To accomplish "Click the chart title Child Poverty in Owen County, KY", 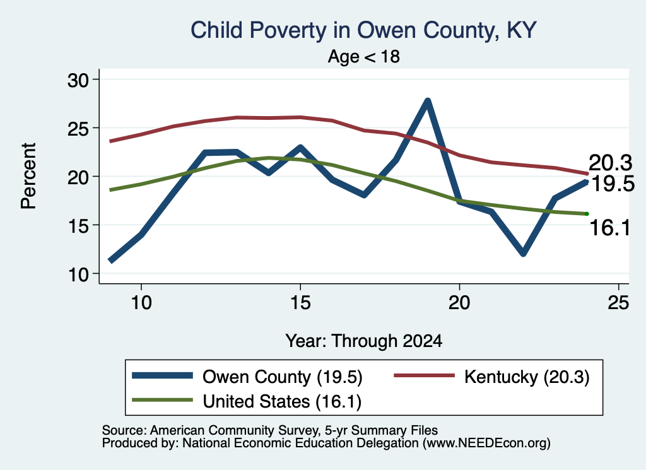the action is point(363,30).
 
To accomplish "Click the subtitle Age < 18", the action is point(363,56).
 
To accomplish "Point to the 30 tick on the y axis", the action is point(78,80).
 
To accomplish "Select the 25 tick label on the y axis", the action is point(78,129).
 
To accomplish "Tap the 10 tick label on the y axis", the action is point(78,274).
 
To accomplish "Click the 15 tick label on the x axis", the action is point(300,303).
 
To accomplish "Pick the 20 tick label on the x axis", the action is point(459,303).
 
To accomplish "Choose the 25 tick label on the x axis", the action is point(618,303).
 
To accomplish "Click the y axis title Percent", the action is point(28,176).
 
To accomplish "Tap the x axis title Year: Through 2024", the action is point(364,341).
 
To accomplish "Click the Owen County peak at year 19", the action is point(428,102).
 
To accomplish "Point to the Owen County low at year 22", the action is point(523,253).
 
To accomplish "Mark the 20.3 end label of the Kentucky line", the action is point(610,163).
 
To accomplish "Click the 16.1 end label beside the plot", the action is point(610,228).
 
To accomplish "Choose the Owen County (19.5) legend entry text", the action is point(282,377).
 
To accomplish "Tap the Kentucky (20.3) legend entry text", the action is point(527,377).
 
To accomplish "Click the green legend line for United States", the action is point(162,400).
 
